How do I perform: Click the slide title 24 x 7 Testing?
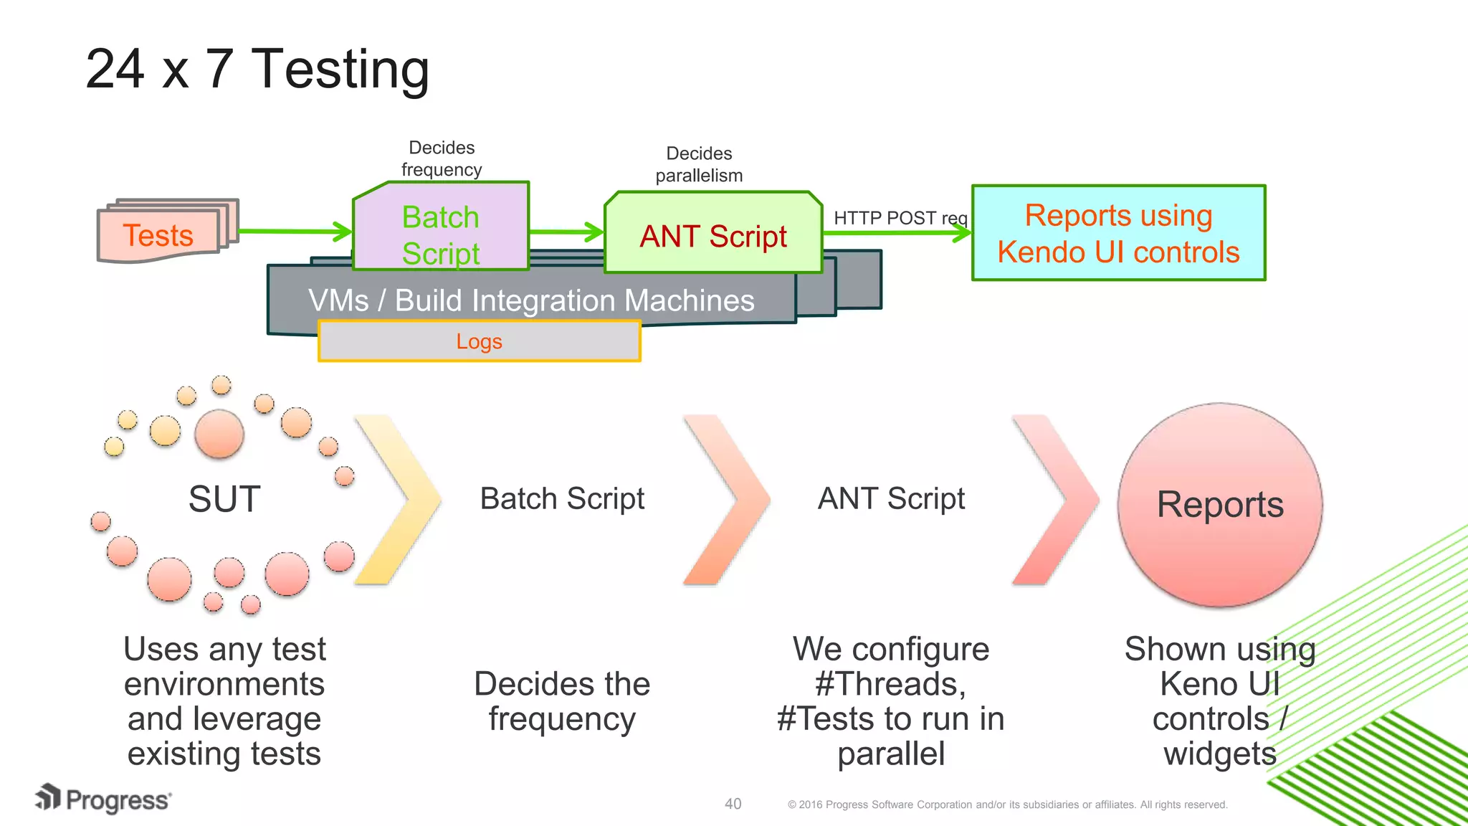coord(257,70)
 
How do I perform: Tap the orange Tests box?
coord(158,235)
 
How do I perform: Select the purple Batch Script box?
coord(440,226)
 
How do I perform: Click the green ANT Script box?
coord(712,235)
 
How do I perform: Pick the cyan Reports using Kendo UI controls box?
coord(1118,234)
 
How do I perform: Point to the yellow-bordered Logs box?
coord(479,341)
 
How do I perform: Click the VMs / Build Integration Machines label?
coord(531,300)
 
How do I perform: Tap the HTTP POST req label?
coord(900,218)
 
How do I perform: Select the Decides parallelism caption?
coord(699,164)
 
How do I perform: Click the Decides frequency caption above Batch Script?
coord(442,158)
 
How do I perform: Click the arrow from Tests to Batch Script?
coord(294,231)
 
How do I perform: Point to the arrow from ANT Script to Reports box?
coord(896,232)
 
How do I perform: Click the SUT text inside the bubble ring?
coord(224,499)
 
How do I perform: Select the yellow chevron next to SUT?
coord(399,499)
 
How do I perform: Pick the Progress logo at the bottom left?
coord(103,799)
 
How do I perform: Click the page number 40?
coord(733,804)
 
